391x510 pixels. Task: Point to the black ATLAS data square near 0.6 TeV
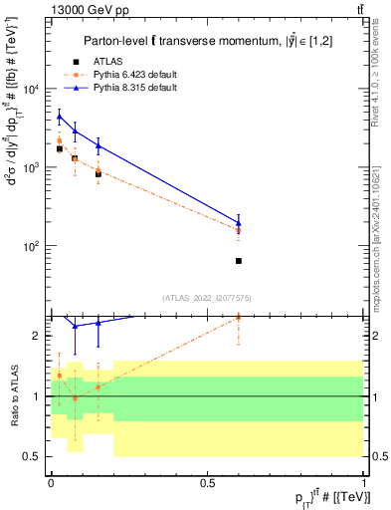tap(239, 261)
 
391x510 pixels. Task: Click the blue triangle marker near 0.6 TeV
tap(239, 223)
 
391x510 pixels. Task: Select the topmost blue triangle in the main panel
tap(60, 117)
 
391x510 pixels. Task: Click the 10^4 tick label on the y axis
tap(34, 90)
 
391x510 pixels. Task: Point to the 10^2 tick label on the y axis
tap(34, 246)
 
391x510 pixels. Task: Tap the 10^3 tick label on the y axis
tap(34, 167)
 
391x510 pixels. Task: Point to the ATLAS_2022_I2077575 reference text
tap(207, 297)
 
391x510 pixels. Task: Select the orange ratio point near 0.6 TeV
tap(239, 317)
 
